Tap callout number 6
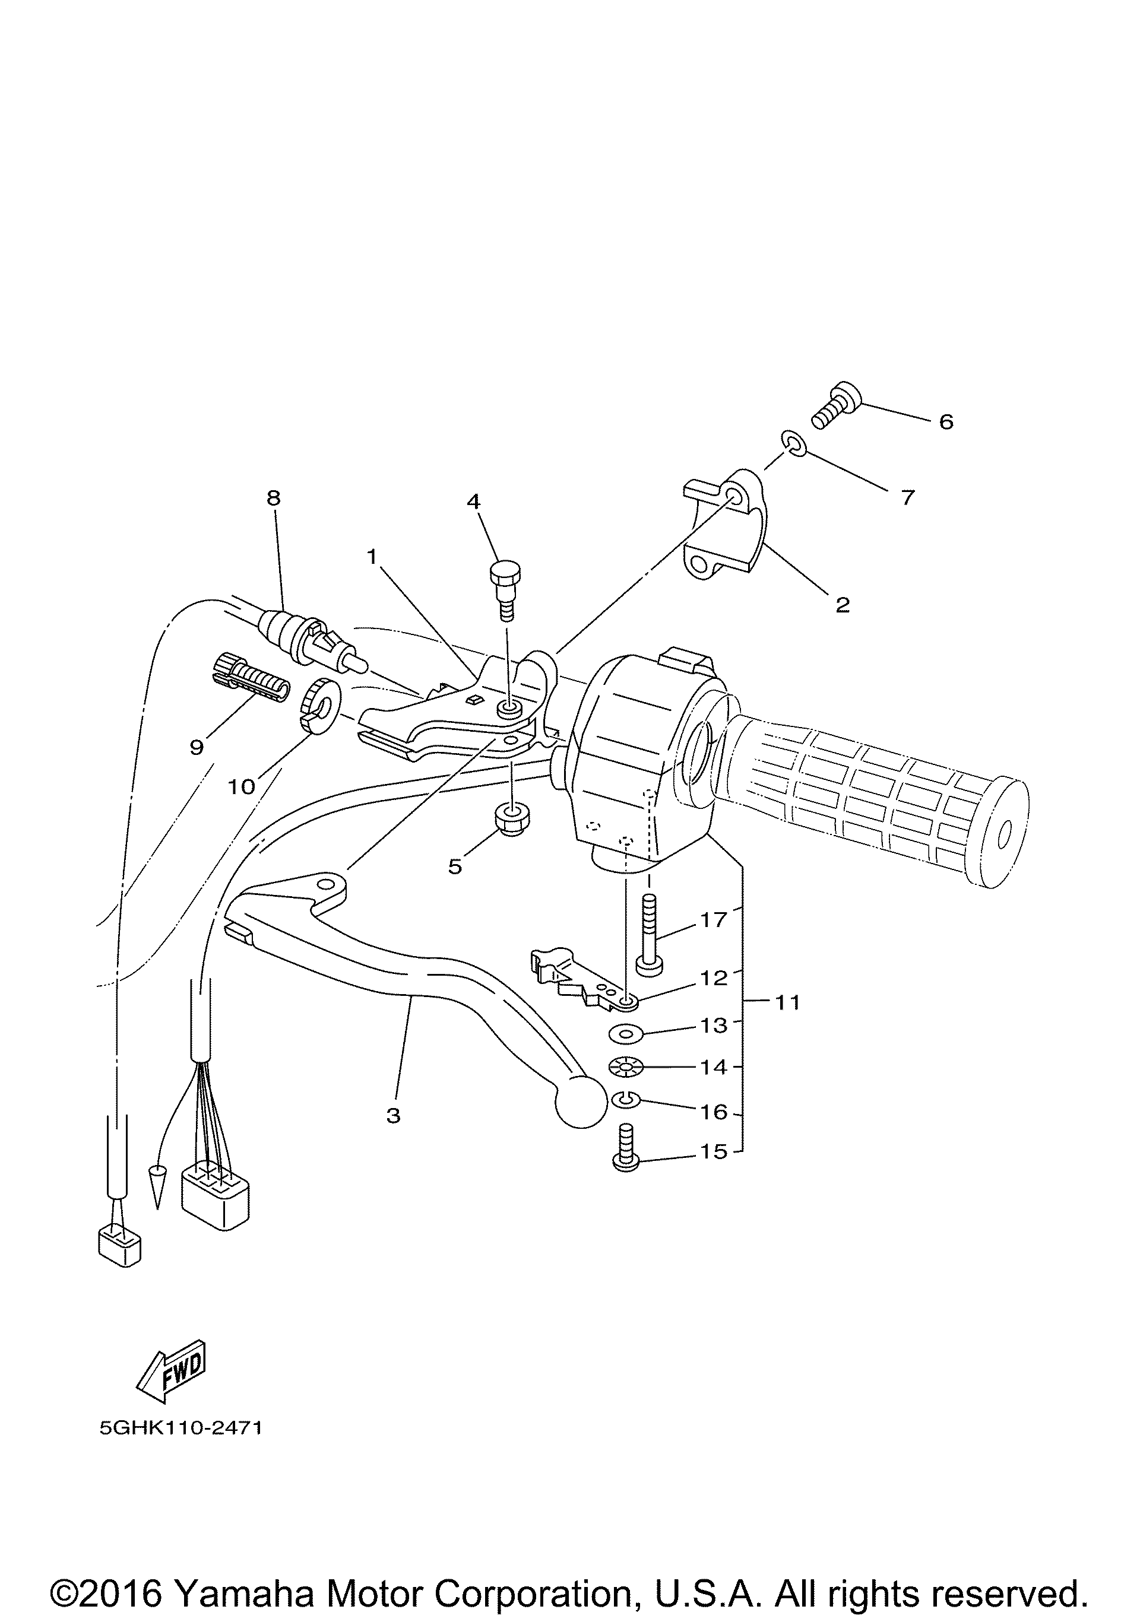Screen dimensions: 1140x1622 pos(946,422)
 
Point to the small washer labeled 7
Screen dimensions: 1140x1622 pos(794,444)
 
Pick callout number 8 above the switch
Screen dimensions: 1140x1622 pos(274,497)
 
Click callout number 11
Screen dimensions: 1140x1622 pos(787,1002)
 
